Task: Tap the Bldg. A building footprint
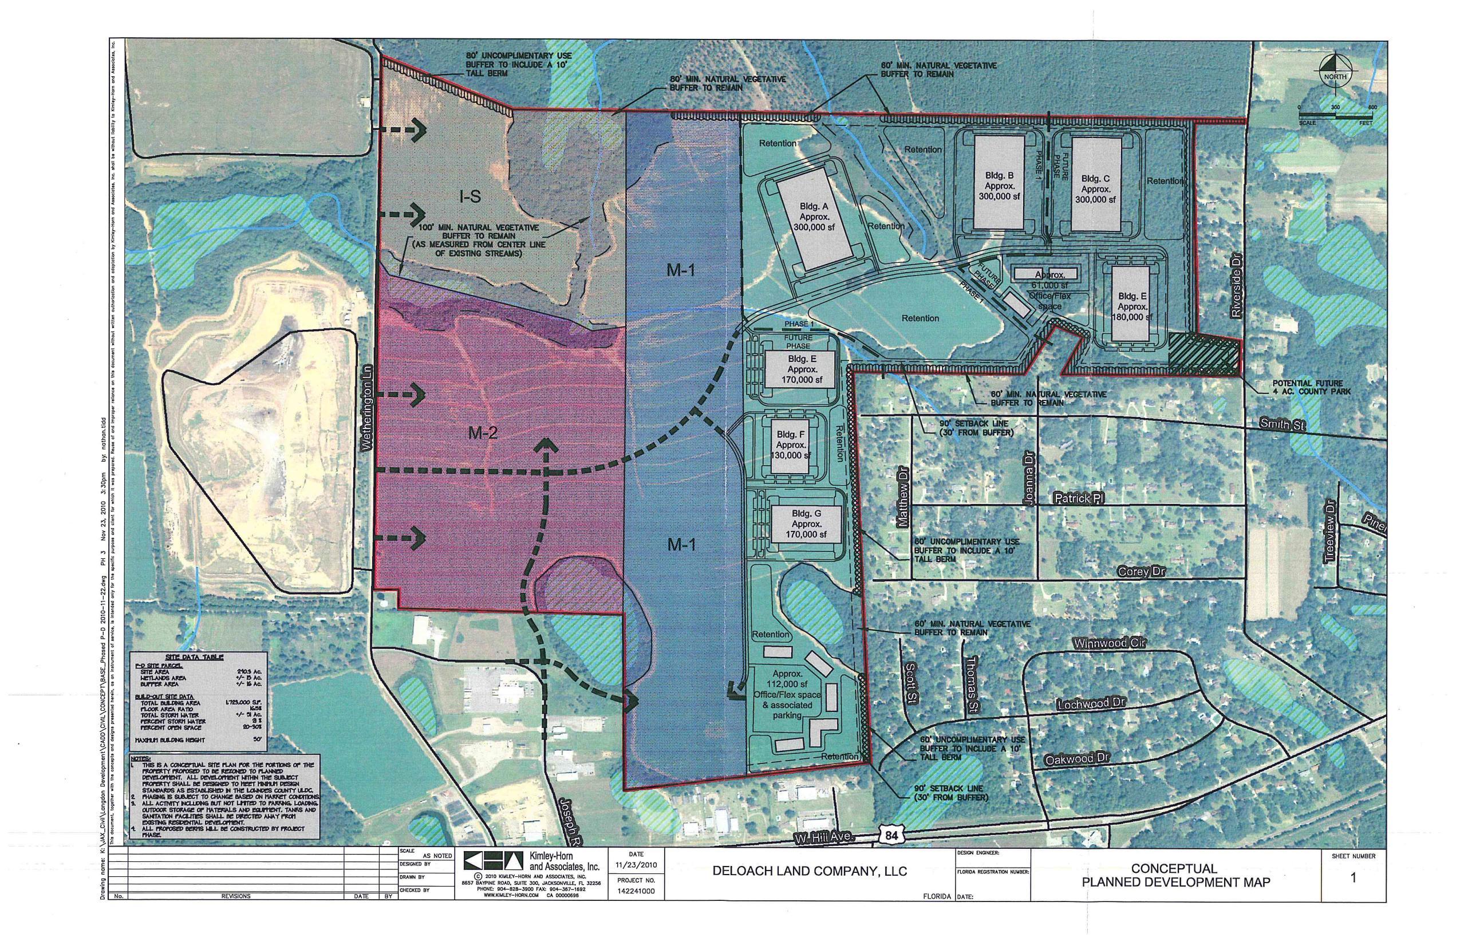pyautogui.click(x=814, y=222)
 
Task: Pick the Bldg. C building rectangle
pyautogui.click(x=1096, y=184)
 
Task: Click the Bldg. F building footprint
pyautogui.click(x=790, y=445)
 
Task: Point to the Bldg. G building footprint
pyautogui.click(x=806, y=524)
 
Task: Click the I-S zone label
pyautogui.click(x=470, y=197)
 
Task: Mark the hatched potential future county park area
pyautogui.click(x=1203, y=354)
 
